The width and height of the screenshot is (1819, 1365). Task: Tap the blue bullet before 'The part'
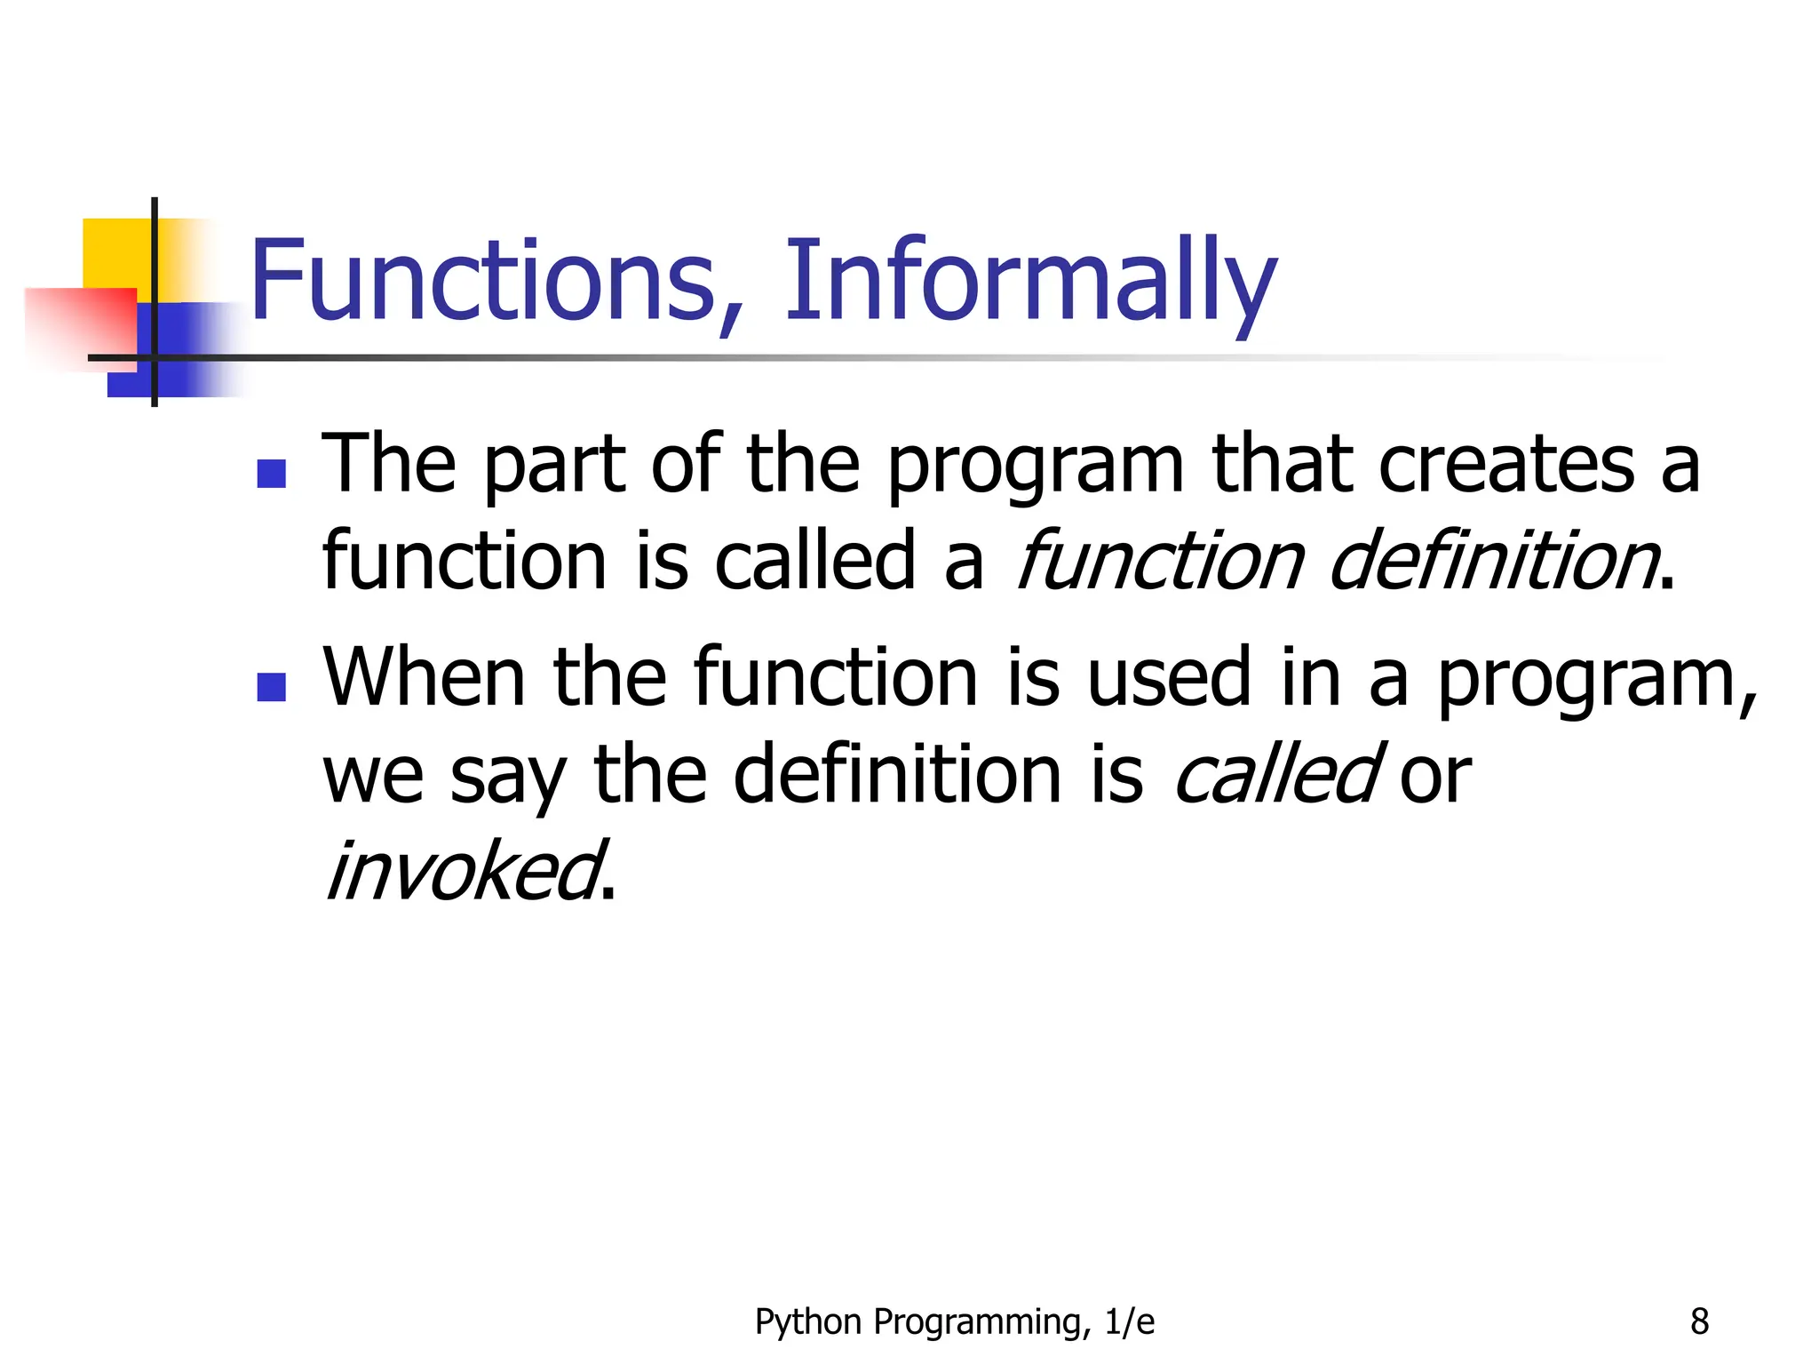(x=271, y=474)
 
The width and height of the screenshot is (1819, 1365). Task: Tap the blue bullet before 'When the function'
(x=271, y=687)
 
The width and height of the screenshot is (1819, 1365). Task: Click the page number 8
(x=1699, y=1321)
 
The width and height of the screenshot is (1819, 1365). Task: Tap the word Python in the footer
(x=807, y=1322)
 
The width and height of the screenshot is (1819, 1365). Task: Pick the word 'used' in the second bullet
(x=1169, y=678)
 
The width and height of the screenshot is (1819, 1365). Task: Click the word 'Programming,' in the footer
(x=981, y=1322)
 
